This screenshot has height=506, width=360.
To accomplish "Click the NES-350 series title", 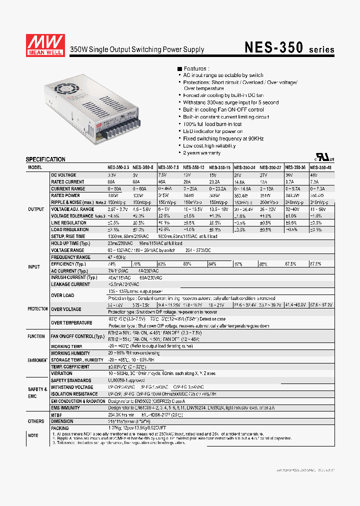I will point(289,47).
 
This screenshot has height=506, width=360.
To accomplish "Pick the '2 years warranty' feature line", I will point(202,152).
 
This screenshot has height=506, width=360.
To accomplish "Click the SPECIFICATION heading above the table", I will point(45,159).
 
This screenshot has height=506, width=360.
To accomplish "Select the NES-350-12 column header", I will point(194,167).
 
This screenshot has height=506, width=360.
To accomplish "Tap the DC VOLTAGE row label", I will point(63,175).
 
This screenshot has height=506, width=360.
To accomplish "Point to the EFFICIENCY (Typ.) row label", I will point(68,263).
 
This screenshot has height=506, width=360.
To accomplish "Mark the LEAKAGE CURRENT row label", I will point(70,284).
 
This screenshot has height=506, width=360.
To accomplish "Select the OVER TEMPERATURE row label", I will point(71,323).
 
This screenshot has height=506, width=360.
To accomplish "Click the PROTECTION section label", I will point(37,309).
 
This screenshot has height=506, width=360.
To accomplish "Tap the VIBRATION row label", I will point(61,373).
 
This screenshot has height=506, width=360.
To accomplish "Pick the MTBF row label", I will point(56,414).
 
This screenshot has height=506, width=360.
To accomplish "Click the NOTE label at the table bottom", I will point(33,435).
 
